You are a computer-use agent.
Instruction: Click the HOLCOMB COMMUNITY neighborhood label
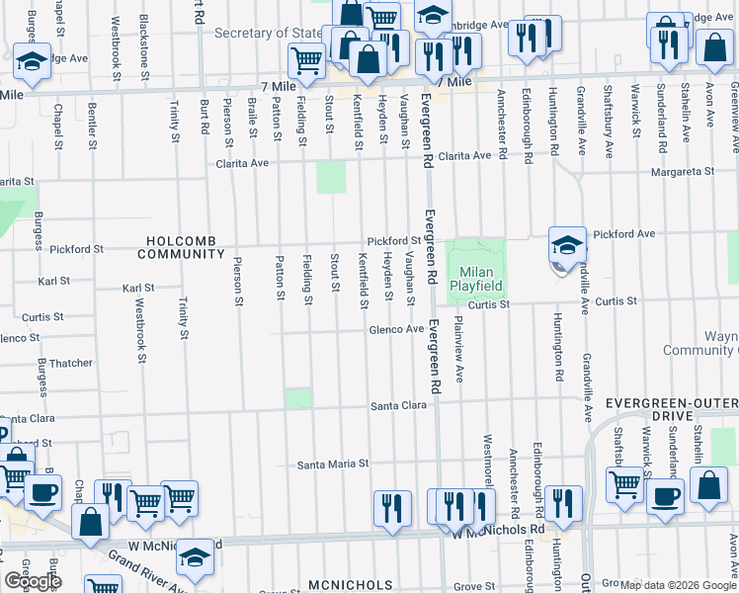coord(182,247)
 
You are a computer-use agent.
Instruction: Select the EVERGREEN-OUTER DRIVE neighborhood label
coord(672,404)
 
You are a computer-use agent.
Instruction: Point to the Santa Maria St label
coord(333,464)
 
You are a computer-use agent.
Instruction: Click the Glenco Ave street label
coord(396,329)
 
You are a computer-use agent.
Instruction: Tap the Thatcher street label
coord(70,364)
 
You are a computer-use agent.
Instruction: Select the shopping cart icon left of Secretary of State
coord(307,61)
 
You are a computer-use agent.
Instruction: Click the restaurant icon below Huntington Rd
coord(563,504)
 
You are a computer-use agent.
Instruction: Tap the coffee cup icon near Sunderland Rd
coord(665,496)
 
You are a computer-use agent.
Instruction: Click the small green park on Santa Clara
coord(298,397)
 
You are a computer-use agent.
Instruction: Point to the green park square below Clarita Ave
coord(331,178)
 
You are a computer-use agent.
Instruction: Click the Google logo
coord(33,581)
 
